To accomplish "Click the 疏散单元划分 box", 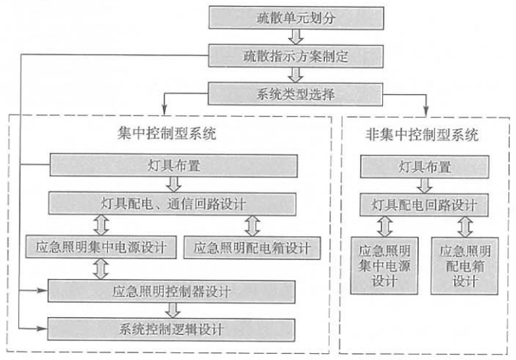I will point(295,17).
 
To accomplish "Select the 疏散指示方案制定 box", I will point(295,54).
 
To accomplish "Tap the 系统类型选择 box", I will point(295,93).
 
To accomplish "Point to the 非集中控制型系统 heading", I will point(423,136).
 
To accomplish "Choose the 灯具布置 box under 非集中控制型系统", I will point(425,166).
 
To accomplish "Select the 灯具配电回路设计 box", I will point(425,205).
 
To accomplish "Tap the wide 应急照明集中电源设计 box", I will point(102,246).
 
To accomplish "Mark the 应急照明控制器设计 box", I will point(173,290).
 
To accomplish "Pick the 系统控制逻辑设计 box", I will point(173,329).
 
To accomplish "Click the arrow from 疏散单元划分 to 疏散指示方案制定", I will point(295,35).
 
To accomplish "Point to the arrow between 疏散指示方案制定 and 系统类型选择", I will point(295,74).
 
